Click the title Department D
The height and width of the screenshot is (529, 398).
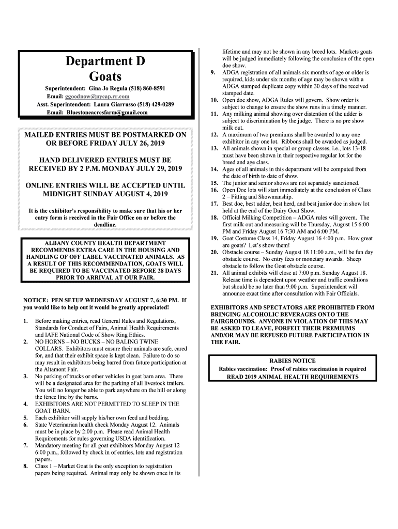pyautogui.click(x=105, y=61)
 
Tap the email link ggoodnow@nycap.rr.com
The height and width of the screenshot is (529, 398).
pyautogui.click(x=97, y=97)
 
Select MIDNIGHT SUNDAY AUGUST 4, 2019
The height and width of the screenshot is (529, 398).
pyautogui.click(x=105, y=194)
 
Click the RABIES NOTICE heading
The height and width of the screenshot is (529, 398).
pyautogui.click(x=292, y=361)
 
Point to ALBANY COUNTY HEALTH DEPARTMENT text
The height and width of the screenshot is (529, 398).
pyautogui.click(x=105, y=243)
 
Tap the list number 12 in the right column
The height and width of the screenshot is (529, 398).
pyautogui.click(x=213, y=134)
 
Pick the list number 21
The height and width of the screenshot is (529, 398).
pyautogui.click(x=213, y=273)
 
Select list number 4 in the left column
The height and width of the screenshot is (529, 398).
pyautogui.click(x=26, y=404)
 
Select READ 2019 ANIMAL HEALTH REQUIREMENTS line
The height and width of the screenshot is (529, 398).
pyautogui.click(x=292, y=377)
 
